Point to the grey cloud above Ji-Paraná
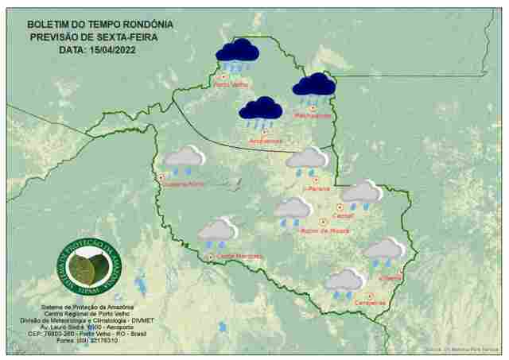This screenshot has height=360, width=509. [307, 159]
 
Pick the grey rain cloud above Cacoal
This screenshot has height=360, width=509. [361, 192]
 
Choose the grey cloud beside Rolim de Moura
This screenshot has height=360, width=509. [293, 210]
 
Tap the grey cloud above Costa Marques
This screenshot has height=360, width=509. [216, 231]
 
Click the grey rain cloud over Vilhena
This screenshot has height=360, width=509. [384, 250]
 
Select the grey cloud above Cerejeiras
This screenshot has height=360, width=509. [345, 281]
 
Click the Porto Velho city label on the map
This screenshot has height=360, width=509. [232, 83]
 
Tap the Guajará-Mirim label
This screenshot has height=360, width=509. [185, 184]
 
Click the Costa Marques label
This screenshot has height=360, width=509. [239, 256]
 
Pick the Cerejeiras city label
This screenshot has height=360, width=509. [370, 302]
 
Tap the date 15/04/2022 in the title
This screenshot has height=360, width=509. [118, 49]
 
